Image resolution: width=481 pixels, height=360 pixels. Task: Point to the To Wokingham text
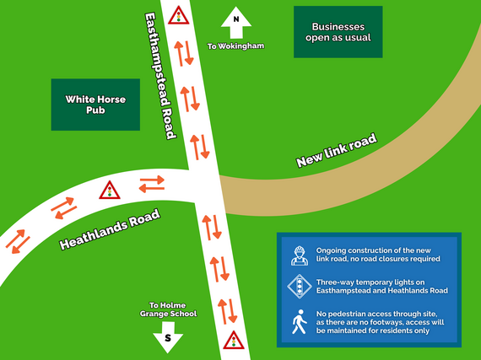point(236,45)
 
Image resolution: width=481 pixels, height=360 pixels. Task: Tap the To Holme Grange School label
point(173,309)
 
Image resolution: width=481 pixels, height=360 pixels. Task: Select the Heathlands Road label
point(110,230)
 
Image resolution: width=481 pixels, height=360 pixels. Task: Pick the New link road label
point(336,149)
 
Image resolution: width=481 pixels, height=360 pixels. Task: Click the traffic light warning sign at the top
point(178,16)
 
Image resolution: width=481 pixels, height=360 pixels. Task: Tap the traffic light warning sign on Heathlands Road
point(109,191)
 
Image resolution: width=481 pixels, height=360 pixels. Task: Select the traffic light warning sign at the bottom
point(233,341)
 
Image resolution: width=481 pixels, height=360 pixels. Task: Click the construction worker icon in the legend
point(298,255)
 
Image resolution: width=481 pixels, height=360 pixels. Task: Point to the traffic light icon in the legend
point(298,287)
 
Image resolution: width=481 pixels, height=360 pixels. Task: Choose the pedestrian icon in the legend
point(298,322)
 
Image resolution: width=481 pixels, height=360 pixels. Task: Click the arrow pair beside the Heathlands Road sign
point(152,182)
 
